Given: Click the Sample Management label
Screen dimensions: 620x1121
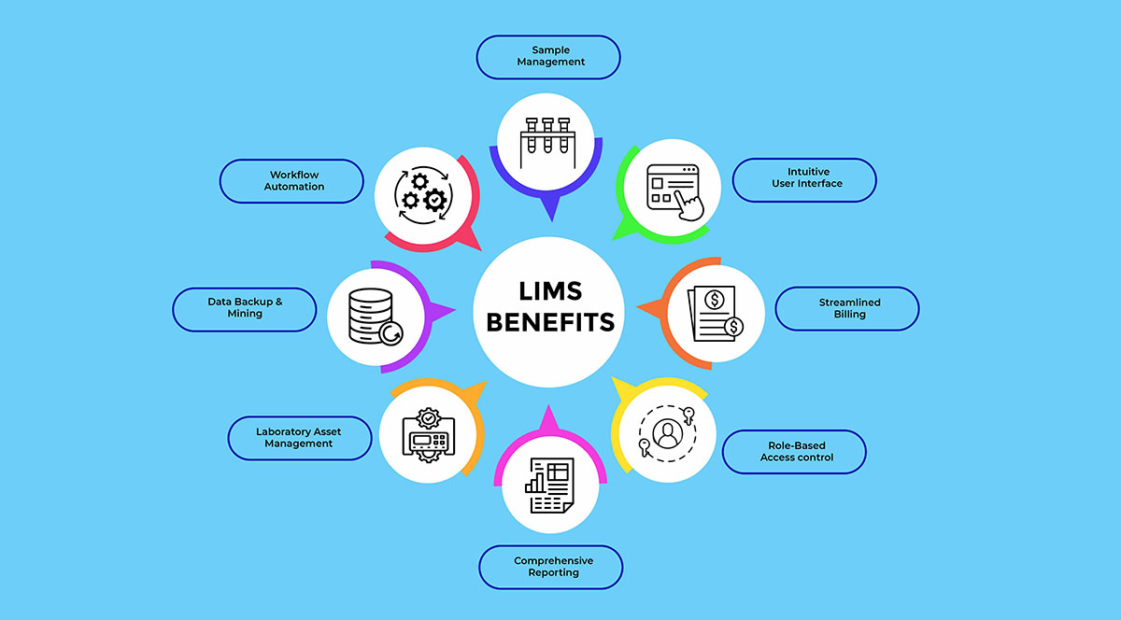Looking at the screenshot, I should pos(548,56).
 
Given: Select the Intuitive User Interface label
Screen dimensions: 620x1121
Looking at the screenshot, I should pos(804,178).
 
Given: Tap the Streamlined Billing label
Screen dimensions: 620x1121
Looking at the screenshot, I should pos(847,308).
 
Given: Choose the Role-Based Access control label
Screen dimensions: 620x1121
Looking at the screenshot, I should pos(794,451).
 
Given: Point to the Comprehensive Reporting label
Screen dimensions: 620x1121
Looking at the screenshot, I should pos(551,566).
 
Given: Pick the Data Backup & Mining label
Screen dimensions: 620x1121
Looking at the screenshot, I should pos(245,308).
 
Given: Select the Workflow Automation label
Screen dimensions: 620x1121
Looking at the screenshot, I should pos(292,180).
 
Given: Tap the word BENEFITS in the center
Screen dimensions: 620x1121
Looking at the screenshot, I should pos(550,323).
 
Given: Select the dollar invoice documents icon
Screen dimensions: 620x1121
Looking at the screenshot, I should pos(716,313).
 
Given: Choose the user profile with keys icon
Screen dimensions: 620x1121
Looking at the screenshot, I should pos(667,432).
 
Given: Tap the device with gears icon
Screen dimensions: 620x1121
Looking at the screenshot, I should pos(429,435).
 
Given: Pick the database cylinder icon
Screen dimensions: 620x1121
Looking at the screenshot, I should pos(371,315).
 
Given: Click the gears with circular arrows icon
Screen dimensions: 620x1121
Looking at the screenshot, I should pos(422,193).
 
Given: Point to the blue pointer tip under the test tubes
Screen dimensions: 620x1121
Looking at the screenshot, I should pos(550,217).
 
